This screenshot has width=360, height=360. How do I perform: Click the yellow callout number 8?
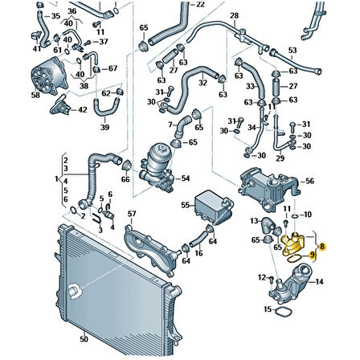pyautogui.click(x=322, y=247)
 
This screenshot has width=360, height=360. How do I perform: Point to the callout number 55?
pyautogui.click(x=184, y=206)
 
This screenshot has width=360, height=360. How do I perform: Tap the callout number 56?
pyautogui.click(x=310, y=184)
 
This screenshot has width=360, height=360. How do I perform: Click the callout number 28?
pyautogui.click(x=235, y=15)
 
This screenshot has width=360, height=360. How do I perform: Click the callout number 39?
pyautogui.click(x=104, y=127)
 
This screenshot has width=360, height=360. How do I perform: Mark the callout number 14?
pyautogui.click(x=319, y=281)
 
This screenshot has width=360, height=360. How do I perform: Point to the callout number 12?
pyautogui.click(x=261, y=277)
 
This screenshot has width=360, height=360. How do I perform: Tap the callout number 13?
pyautogui.click(x=252, y=220)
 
